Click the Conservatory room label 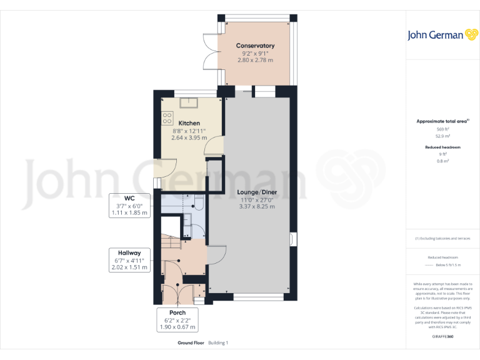pos(255,46)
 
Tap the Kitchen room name pos(189,123)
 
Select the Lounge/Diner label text pos(257,192)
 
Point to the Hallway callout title pos(128,252)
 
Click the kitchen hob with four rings pos(167,117)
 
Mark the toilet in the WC pos(197,201)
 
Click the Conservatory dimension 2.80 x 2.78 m pos(255,61)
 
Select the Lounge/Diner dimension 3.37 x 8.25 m pos(257,206)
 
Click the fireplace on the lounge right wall pos(293,239)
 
